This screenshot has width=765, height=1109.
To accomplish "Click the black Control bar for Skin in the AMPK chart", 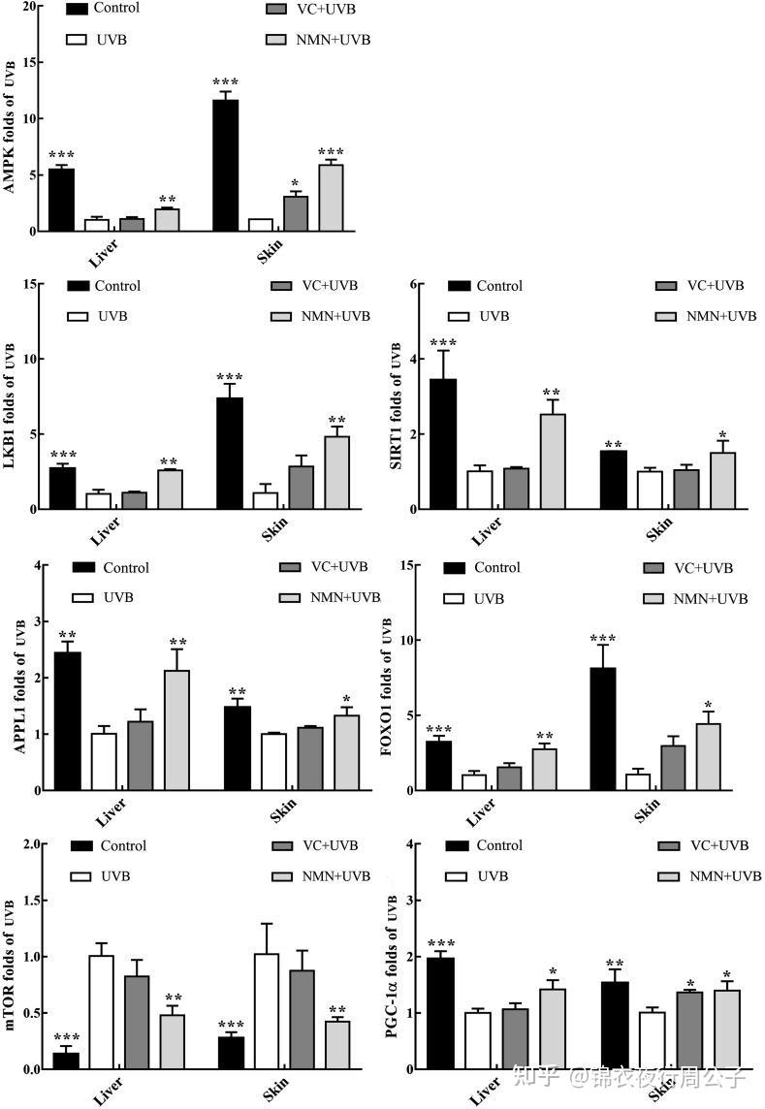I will click(226, 165).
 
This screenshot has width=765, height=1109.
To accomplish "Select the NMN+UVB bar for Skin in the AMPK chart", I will click(332, 198).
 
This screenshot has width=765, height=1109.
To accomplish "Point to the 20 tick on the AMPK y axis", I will click(28, 7).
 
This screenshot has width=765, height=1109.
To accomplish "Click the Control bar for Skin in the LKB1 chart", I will click(230, 454).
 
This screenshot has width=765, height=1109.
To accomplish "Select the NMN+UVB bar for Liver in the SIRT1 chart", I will click(553, 461).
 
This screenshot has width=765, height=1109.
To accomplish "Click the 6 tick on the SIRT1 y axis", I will click(414, 284).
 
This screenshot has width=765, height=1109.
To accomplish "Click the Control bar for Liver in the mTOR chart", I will click(67, 1061).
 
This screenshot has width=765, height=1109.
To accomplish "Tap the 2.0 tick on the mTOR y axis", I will click(29, 844).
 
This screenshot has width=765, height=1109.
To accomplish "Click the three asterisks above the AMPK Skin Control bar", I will click(226, 81).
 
